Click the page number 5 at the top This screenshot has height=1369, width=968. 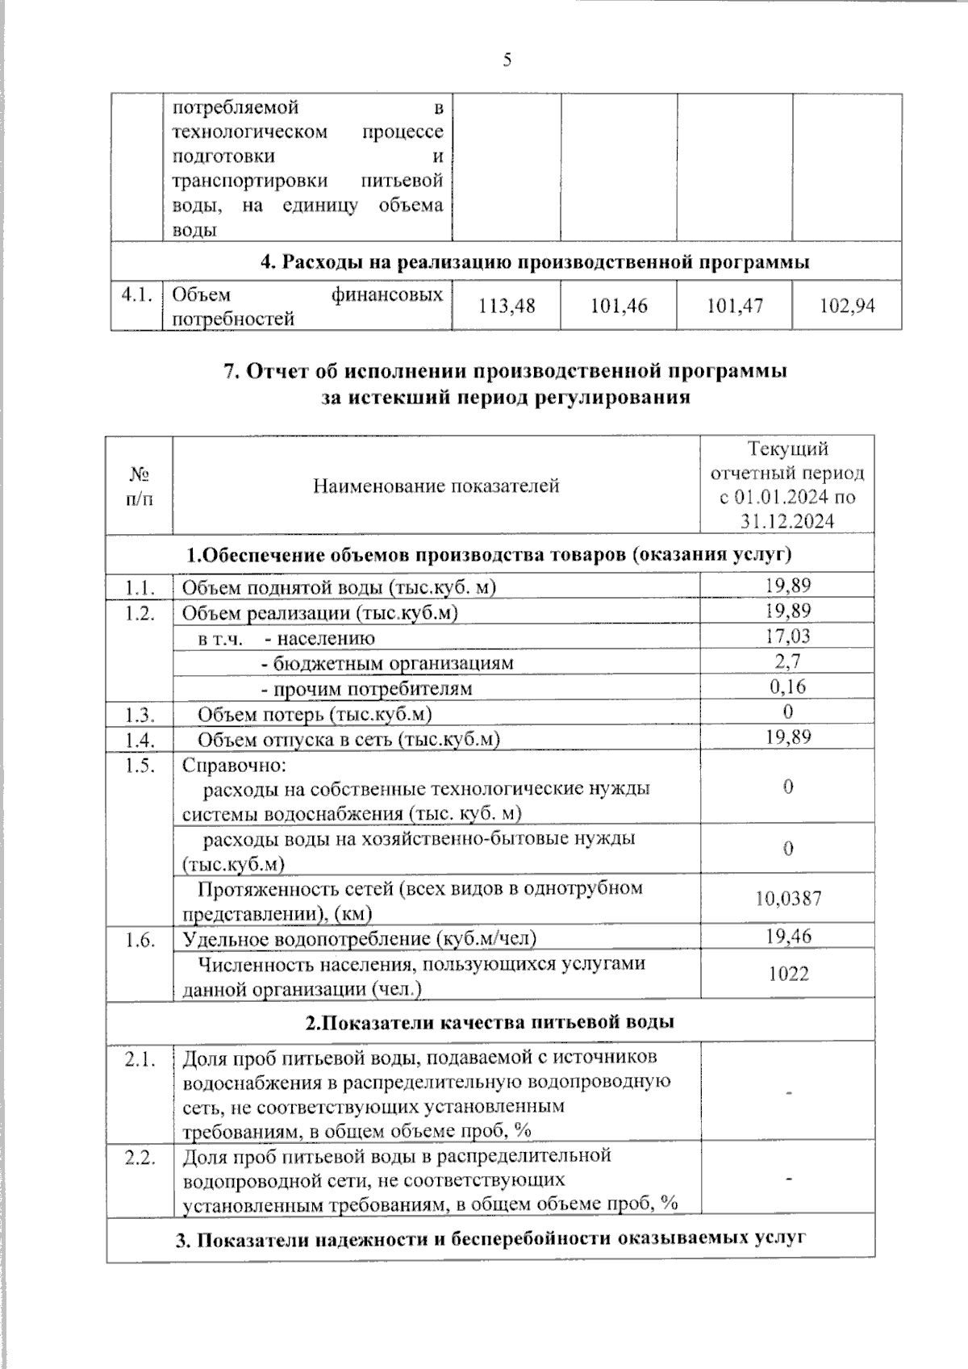(507, 61)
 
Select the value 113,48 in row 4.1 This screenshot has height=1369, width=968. (507, 306)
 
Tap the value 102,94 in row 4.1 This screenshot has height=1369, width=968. (847, 306)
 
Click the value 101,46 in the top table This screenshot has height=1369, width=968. (619, 306)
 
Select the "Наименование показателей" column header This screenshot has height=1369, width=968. (436, 486)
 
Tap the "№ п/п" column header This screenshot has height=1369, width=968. (139, 486)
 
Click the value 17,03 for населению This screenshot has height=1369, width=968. (787, 637)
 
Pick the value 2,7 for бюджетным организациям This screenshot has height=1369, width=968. (787, 662)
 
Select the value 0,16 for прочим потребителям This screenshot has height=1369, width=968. (787, 687)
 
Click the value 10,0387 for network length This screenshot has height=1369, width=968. (787, 898)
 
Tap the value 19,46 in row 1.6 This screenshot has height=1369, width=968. (787, 936)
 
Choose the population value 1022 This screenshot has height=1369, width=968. (787, 974)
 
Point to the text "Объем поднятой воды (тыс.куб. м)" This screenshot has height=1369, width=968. (338, 587)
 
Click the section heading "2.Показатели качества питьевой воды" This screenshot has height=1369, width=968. (490, 1022)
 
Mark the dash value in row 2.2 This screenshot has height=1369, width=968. (788, 1179)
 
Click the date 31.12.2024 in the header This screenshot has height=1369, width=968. (787, 521)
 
